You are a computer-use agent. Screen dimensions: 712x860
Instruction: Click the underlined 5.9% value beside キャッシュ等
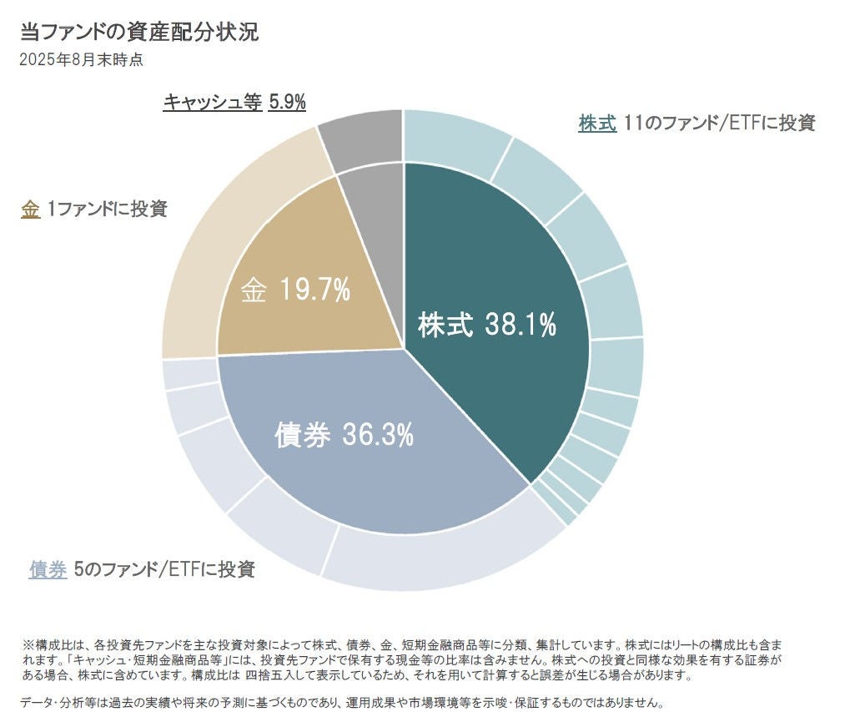(x=288, y=102)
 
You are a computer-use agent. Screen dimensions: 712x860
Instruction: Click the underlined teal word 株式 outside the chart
(x=597, y=123)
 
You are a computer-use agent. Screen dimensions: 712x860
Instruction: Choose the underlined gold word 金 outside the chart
(x=30, y=209)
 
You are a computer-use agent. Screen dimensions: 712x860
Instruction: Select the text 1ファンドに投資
(x=107, y=209)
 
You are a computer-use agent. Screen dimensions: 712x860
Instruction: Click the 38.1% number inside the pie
(x=521, y=326)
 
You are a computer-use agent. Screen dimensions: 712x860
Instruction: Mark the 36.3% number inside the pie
(x=378, y=434)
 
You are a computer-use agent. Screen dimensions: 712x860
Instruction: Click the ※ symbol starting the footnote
(x=28, y=645)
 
